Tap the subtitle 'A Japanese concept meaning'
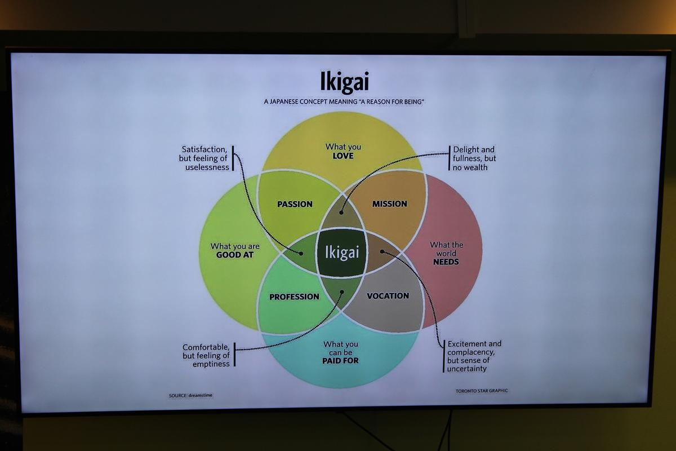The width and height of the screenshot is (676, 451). [x=310, y=102]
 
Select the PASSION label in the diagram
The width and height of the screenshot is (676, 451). [x=295, y=204]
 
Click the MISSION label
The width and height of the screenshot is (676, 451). [x=390, y=204]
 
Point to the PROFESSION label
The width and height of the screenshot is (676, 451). [x=294, y=297]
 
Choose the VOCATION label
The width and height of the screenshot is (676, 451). [x=388, y=296]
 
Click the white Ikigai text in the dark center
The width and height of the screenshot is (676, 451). [x=342, y=252]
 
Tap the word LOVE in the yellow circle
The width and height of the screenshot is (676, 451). [x=343, y=156]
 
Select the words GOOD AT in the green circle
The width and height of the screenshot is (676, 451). [x=235, y=255]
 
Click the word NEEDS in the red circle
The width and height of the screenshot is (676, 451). [x=446, y=262]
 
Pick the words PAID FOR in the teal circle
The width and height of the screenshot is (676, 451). [x=340, y=361]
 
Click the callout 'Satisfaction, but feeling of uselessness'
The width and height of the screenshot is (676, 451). [x=204, y=158]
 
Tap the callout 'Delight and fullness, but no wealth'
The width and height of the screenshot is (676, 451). [x=474, y=158]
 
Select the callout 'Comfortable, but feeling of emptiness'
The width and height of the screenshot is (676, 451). [x=206, y=355]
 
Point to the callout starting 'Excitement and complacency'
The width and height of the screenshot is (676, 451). [x=474, y=356]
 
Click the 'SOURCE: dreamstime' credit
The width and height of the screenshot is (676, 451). [x=190, y=395]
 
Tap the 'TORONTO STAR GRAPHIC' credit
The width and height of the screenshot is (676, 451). [x=482, y=391]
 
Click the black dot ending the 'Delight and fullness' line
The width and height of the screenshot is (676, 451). [x=341, y=213]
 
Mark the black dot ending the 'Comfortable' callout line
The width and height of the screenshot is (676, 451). [x=342, y=292]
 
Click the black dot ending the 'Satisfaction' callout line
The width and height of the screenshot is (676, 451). [x=301, y=254]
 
